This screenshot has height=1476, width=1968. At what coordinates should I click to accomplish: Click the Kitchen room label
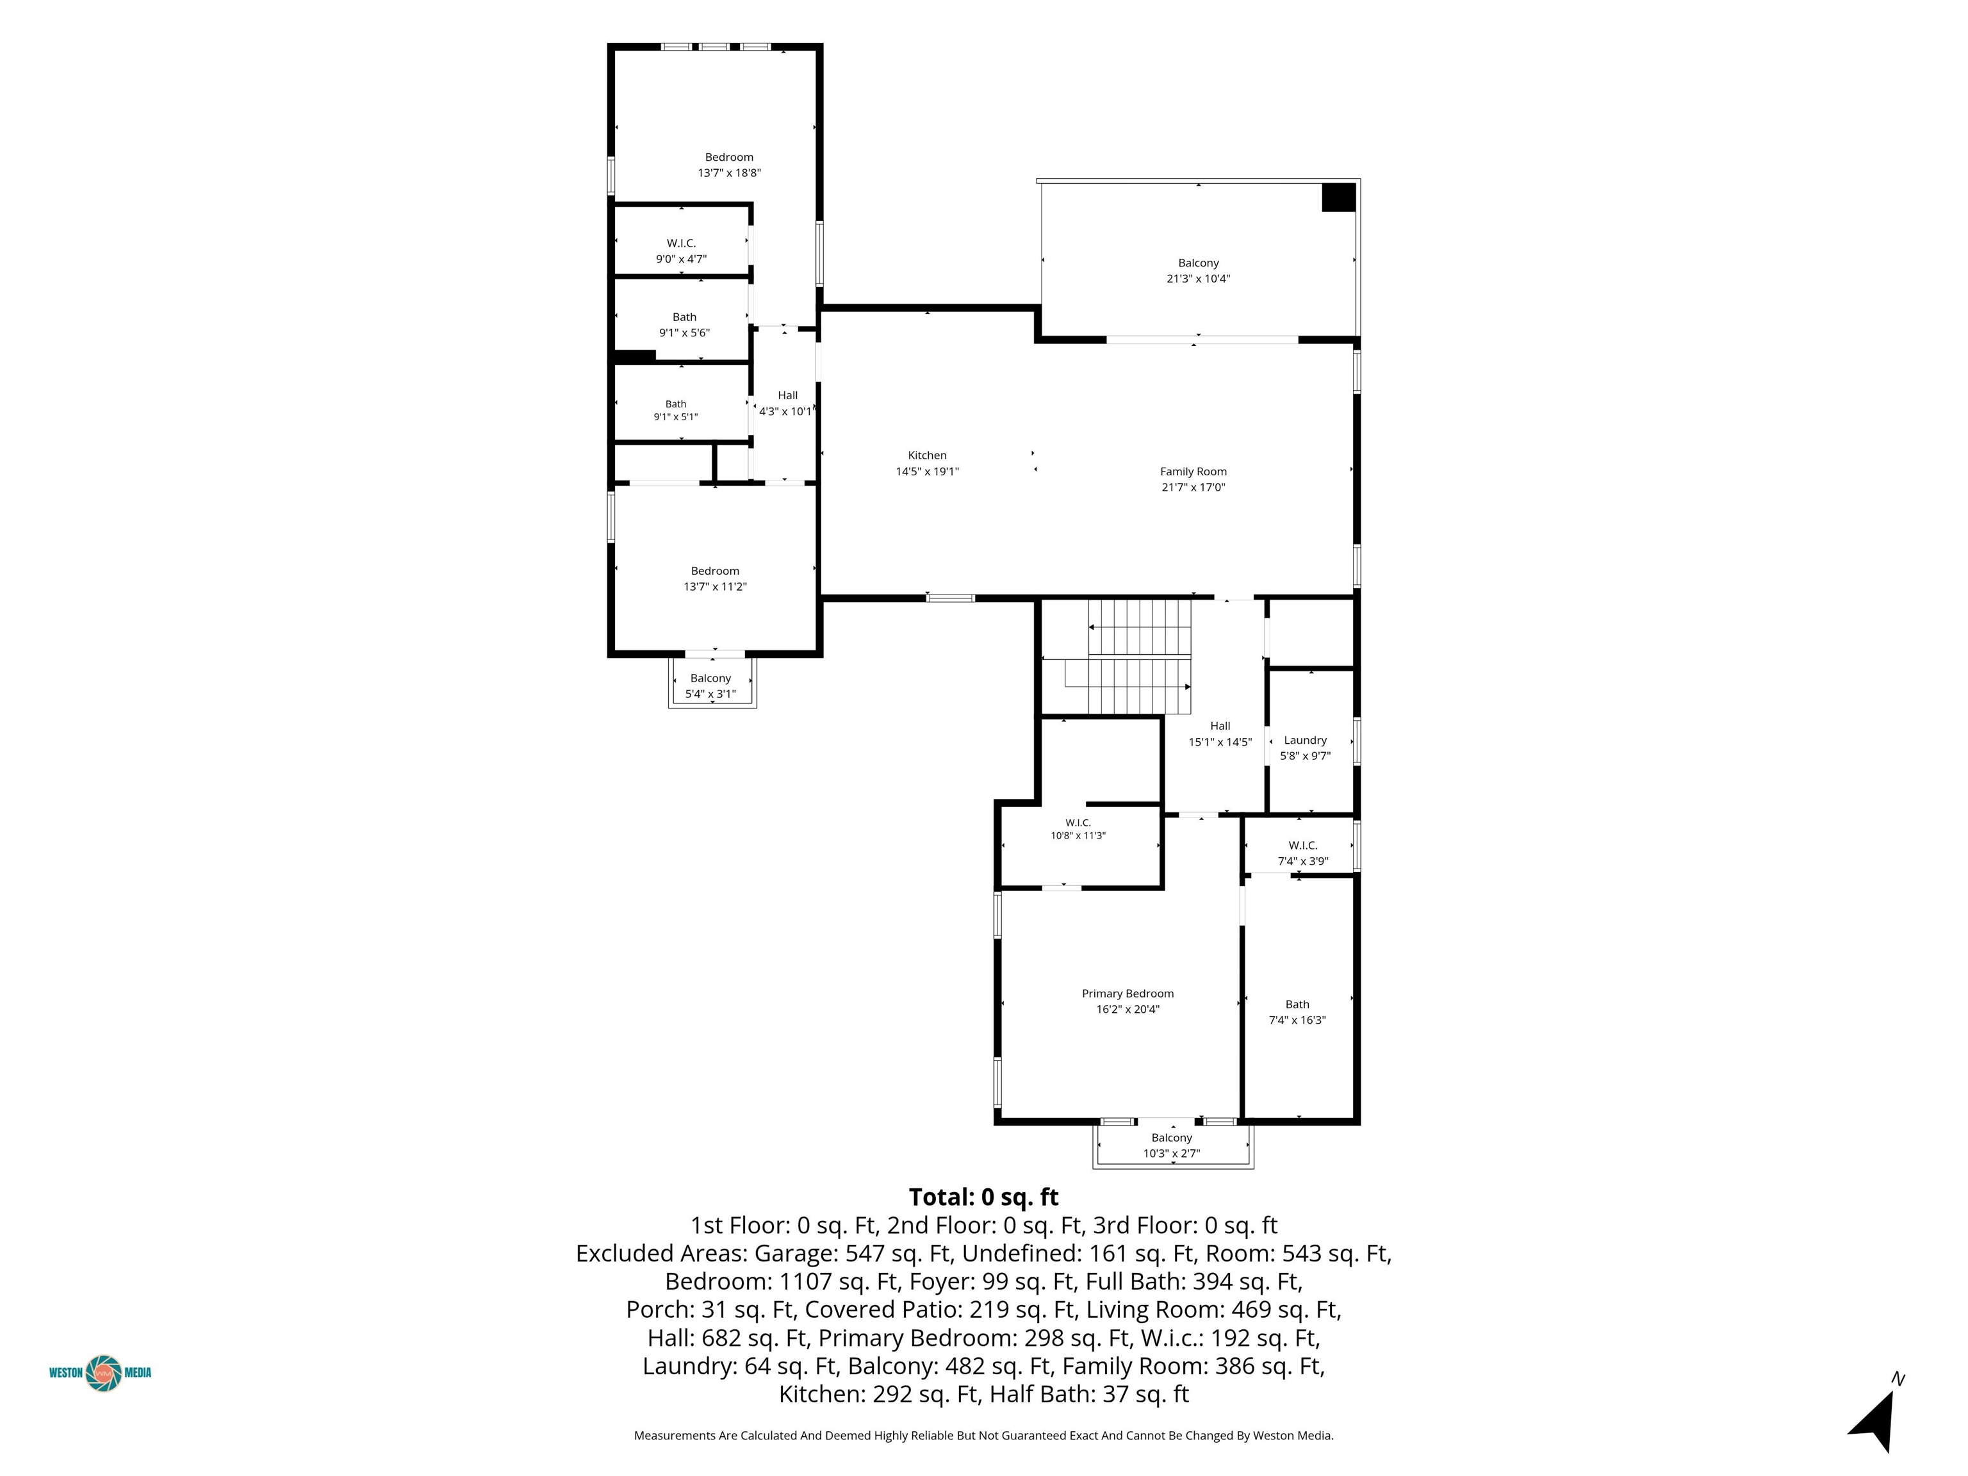click(x=927, y=455)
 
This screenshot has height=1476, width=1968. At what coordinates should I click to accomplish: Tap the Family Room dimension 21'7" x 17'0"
click(x=1193, y=488)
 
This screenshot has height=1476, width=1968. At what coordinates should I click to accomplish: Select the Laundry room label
click(x=1305, y=740)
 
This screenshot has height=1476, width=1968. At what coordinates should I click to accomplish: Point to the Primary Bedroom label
click(x=1127, y=994)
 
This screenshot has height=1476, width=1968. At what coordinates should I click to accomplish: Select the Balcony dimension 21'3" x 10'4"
click(x=1199, y=279)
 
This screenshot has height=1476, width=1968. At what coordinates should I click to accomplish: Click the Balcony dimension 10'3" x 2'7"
click(x=1172, y=1154)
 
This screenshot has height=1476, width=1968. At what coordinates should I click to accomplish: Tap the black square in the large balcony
click(x=1338, y=197)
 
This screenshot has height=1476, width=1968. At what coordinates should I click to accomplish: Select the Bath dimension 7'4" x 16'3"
click(x=1297, y=1021)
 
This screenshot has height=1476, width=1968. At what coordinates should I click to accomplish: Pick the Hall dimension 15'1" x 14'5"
click(x=1220, y=742)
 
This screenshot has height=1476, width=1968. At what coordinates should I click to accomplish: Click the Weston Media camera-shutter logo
click(x=104, y=1373)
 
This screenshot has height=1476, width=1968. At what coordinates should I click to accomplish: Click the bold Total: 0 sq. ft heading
click(x=984, y=1197)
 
